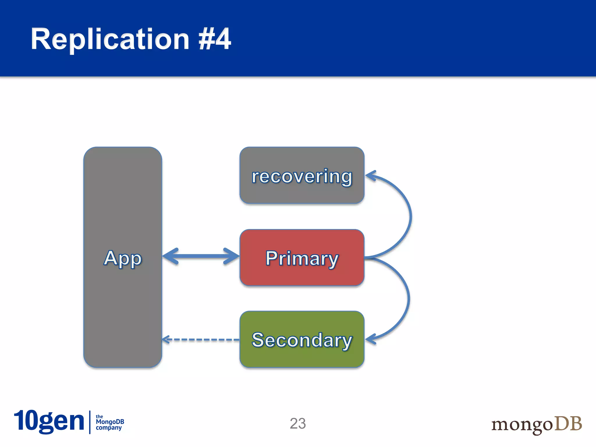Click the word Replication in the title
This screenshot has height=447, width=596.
point(110,39)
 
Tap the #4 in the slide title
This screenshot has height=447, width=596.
point(215,39)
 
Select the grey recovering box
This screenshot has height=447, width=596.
point(302,192)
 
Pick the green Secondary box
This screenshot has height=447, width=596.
point(302,356)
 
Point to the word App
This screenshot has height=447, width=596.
point(123,258)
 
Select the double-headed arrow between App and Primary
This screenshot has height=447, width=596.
point(201,256)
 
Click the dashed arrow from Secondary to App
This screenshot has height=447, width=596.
point(204,340)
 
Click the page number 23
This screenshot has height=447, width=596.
point(298,423)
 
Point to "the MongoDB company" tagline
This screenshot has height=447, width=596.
point(109,422)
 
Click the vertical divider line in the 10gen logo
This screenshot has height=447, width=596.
point(90,422)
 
